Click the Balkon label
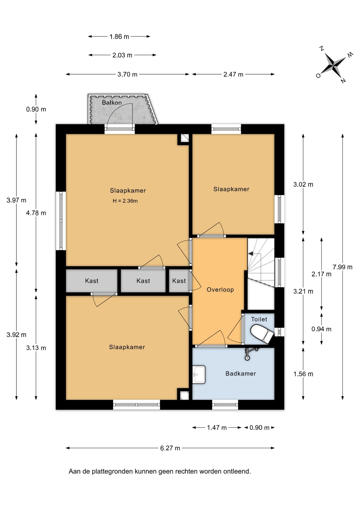(112, 103)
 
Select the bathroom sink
(199, 374)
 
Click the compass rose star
(333, 64)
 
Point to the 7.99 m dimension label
(343, 267)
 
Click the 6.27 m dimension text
(170, 448)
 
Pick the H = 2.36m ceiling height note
(125, 201)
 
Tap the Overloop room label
(220, 290)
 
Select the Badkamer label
(241, 374)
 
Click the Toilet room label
(259, 319)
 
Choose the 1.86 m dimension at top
(119, 37)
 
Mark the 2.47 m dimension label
(233, 74)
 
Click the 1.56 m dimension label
(303, 374)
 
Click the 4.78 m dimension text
(36, 213)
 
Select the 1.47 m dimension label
(217, 428)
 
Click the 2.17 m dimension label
(321, 274)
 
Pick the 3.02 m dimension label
(303, 185)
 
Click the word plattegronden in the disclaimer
(112, 472)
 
